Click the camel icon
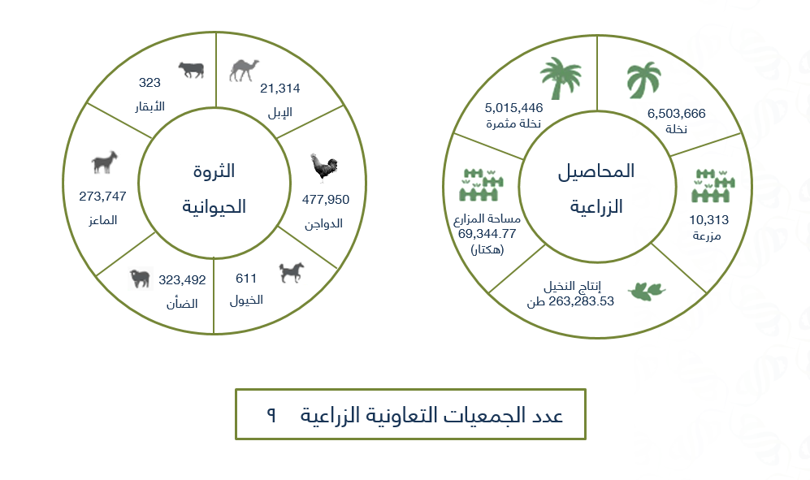point(243,71)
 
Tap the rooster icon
point(324,167)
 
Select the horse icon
point(292,272)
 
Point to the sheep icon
point(140,279)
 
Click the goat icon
point(104,162)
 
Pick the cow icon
point(191,70)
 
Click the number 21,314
point(280,89)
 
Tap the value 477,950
point(326,200)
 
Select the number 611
point(246,279)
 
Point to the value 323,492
point(182,280)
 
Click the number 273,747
point(102,197)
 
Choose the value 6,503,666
point(676,114)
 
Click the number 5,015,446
point(513,108)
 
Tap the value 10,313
point(708,220)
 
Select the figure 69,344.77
point(487,234)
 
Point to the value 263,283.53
point(581,301)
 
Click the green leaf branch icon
point(647,291)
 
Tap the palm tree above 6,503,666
point(643,80)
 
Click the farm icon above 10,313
point(713,185)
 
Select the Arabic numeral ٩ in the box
point(271,414)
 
